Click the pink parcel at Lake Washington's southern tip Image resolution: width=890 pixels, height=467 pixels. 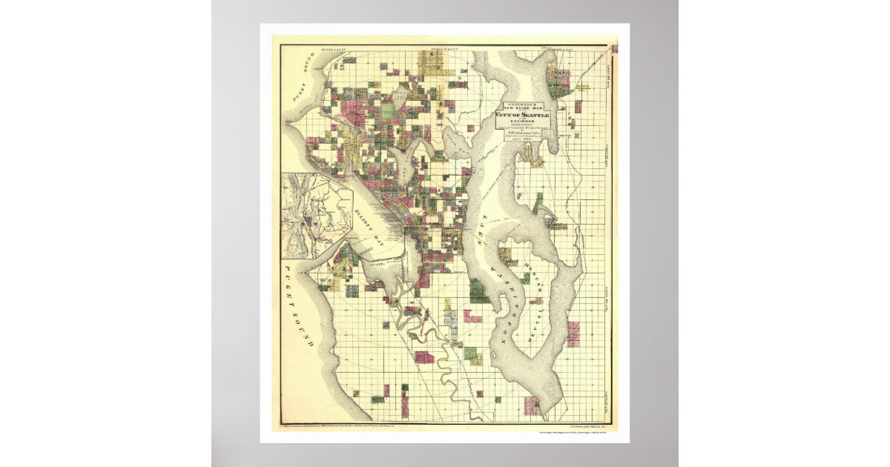[x=531, y=405]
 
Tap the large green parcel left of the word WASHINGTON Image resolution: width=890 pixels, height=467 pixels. [x=478, y=291]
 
